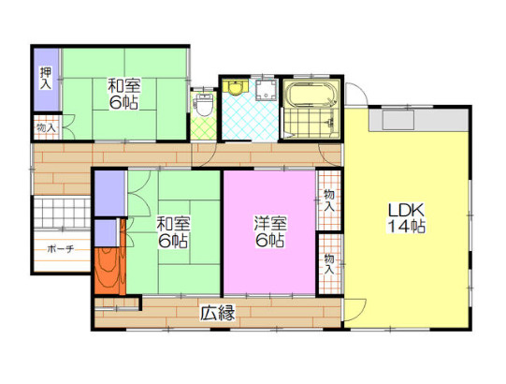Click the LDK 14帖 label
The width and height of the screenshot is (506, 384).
(406, 218)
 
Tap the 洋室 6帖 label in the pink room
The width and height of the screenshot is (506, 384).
(269, 231)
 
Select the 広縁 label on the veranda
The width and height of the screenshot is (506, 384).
(218, 312)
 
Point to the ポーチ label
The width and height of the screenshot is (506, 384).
(61, 249)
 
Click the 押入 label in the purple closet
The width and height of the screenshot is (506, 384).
(45, 78)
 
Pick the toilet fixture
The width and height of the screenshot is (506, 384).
(203, 104)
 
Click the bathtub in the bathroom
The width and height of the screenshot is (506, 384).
(311, 93)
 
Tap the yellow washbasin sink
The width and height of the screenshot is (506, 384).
(235, 86)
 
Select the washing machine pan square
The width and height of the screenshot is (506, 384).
(267, 90)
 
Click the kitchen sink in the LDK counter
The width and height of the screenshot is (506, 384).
(398, 120)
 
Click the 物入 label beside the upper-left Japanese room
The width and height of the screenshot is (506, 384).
(46, 127)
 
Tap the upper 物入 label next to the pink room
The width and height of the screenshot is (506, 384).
(328, 201)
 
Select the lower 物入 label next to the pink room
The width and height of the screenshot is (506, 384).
(329, 264)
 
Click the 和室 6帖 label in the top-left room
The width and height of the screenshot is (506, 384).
(123, 95)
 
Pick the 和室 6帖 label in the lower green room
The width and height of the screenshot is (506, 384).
(173, 232)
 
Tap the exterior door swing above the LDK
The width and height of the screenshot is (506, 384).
(356, 94)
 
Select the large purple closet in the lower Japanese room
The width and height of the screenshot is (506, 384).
(109, 193)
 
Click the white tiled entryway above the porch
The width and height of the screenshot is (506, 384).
(62, 212)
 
